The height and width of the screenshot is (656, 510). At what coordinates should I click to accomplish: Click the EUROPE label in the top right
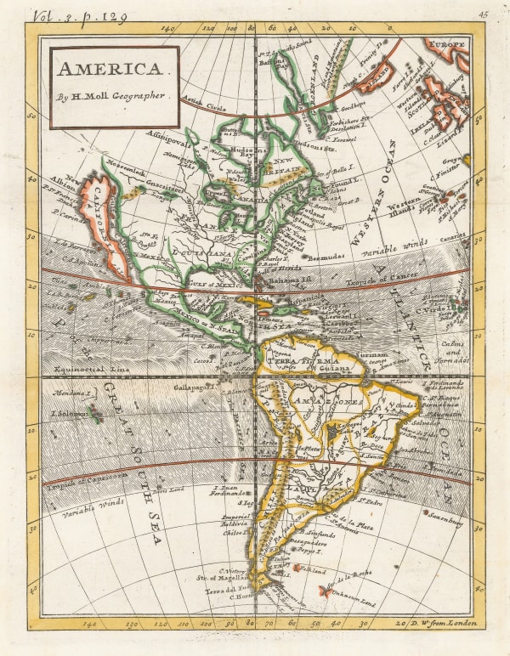click(x=446, y=43)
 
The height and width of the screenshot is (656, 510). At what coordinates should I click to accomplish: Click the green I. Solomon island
click(x=95, y=415)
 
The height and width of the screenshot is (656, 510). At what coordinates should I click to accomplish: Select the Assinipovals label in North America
click(x=170, y=135)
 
